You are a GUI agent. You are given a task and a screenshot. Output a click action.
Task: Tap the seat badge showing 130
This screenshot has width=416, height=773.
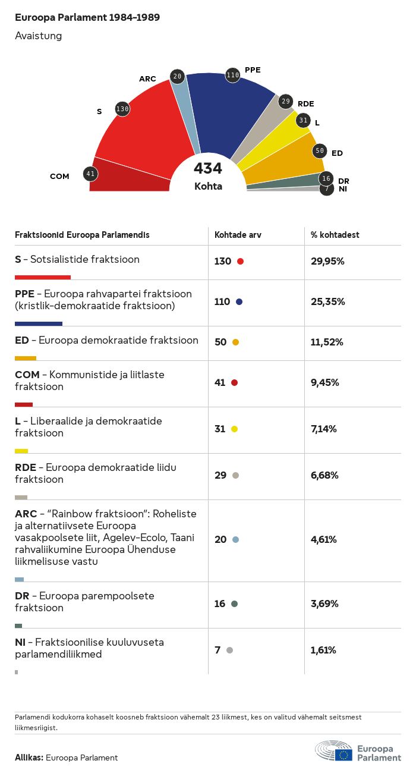tap(122, 109)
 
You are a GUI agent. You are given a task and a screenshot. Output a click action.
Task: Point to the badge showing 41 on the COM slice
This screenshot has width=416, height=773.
tap(90, 174)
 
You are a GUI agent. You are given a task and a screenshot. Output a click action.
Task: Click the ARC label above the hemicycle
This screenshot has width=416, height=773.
tap(147, 79)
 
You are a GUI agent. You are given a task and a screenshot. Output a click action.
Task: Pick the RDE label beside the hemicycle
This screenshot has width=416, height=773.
tap(306, 104)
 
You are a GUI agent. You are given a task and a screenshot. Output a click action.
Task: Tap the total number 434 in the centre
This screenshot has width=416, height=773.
tap(208, 169)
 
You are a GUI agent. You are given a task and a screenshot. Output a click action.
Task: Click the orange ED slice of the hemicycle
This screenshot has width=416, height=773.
tap(285, 161)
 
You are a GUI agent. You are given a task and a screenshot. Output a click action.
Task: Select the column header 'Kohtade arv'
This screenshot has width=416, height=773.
tap(238, 235)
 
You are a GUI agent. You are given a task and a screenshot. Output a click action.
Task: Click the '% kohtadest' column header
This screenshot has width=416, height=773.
tap(335, 235)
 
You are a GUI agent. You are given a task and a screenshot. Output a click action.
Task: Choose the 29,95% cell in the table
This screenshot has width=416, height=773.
tap(327, 261)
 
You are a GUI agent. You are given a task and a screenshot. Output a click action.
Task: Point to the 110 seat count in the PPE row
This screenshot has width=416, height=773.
tap(222, 301)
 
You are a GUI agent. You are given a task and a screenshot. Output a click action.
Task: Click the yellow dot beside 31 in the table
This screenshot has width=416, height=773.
tap(235, 429)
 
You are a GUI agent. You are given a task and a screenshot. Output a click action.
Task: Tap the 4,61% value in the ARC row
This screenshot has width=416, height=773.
tap(324, 539)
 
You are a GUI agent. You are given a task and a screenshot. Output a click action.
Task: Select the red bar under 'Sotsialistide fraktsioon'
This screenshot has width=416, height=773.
tap(43, 277)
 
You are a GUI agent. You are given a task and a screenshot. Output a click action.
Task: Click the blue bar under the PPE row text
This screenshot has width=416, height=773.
tap(39, 323)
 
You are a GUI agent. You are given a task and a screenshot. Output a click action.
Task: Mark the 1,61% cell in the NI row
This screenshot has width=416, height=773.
tap(323, 650)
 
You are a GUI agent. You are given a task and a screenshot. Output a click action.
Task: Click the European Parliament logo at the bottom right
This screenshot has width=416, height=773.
tap(358, 752)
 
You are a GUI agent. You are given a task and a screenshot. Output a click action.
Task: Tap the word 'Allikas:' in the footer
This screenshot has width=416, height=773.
tap(29, 758)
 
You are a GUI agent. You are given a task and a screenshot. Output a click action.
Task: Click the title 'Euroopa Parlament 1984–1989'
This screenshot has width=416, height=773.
tap(87, 18)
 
